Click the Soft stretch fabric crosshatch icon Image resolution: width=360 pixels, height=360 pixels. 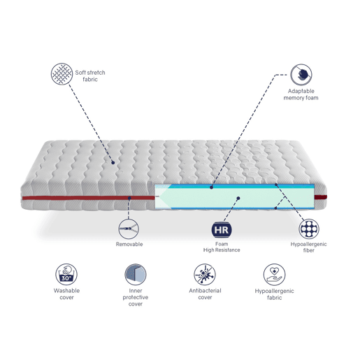pyautogui.click(x=62, y=74)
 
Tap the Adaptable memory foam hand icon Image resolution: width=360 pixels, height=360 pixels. pyautogui.click(x=301, y=75)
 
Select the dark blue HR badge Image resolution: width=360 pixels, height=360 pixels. pyautogui.click(x=222, y=230)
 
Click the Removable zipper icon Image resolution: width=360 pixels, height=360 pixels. pyautogui.click(x=129, y=229)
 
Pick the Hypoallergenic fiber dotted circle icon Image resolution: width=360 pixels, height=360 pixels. pyautogui.click(x=309, y=229)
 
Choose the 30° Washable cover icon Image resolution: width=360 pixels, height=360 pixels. pyautogui.click(x=66, y=274)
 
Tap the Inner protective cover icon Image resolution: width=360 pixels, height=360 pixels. pyautogui.click(x=136, y=274)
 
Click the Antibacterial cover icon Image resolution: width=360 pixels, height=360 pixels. pyautogui.click(x=205, y=274)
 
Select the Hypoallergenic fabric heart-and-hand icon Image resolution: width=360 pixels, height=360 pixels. pyautogui.click(x=274, y=274)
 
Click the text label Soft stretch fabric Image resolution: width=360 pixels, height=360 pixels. pyautogui.click(x=90, y=76)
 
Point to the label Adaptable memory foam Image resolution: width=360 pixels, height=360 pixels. pyautogui.click(x=301, y=94)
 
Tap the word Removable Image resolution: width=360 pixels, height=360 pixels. pyautogui.click(x=129, y=244)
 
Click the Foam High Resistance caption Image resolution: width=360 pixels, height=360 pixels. pyautogui.click(x=222, y=247)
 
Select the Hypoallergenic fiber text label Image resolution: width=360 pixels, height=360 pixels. pyautogui.click(x=308, y=247)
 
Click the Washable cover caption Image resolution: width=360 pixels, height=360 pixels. pyautogui.click(x=66, y=294)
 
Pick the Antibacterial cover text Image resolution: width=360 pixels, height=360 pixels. pyautogui.click(x=205, y=294)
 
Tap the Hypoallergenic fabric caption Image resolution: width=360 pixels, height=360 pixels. pyautogui.click(x=274, y=294)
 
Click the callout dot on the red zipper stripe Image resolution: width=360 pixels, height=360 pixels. pyautogui.click(x=129, y=198)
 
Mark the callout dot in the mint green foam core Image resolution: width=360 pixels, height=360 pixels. pyautogui.click(x=238, y=199)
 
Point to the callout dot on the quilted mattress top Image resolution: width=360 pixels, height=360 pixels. pyautogui.click(x=113, y=163)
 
